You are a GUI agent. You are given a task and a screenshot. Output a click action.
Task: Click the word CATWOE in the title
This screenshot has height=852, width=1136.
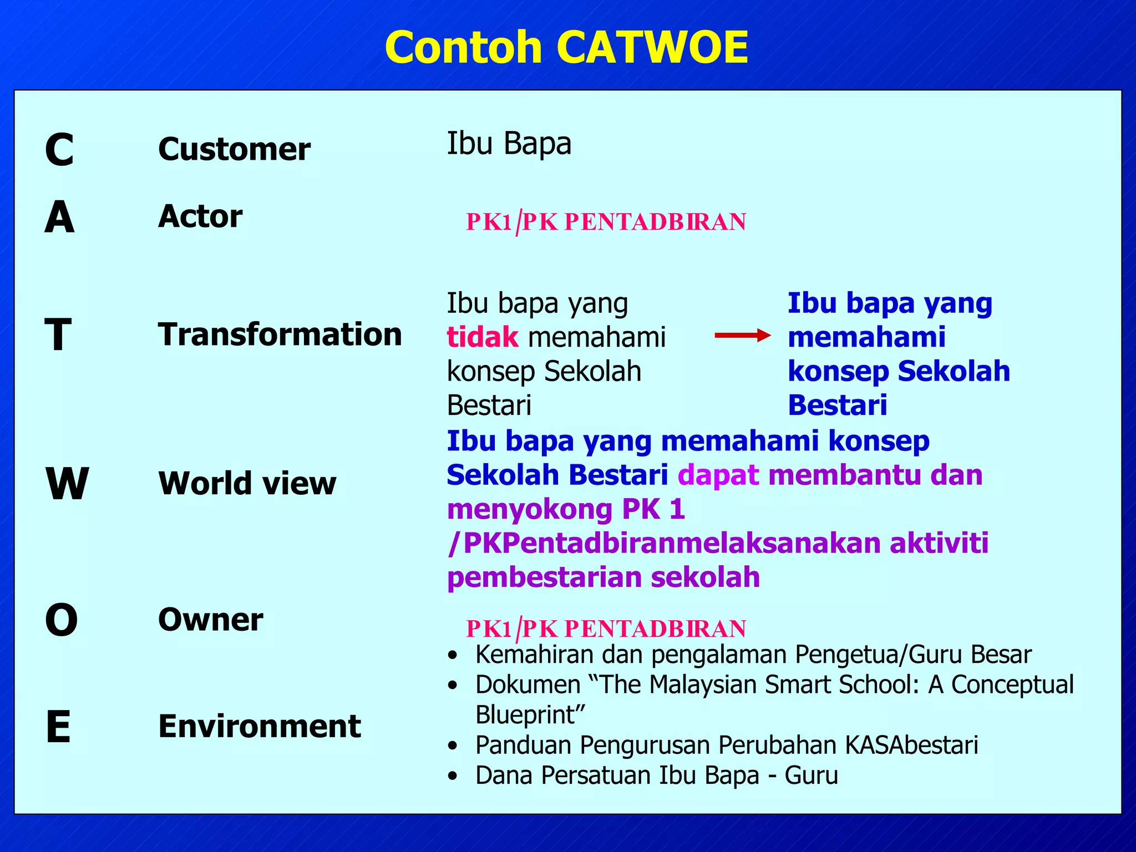click(652, 48)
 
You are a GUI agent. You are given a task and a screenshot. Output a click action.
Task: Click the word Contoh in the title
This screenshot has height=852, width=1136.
click(463, 48)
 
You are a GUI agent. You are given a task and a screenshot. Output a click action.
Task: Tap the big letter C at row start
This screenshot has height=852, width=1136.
click(59, 150)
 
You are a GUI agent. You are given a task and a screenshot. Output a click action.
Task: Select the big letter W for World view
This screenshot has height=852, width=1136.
click(67, 484)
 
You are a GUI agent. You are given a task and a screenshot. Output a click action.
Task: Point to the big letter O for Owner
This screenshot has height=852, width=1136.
click(61, 620)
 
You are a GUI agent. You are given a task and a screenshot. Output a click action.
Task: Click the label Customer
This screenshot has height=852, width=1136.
click(234, 150)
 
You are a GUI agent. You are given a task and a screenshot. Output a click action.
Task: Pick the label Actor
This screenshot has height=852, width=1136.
click(200, 216)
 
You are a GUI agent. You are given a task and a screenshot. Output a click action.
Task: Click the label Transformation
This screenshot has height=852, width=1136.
click(280, 334)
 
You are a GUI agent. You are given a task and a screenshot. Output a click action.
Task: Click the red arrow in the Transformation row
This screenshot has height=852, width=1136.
click(742, 335)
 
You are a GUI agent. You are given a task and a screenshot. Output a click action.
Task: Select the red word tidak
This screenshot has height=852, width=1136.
click(483, 337)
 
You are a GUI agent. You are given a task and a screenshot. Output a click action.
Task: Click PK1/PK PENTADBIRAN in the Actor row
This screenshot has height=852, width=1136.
click(606, 222)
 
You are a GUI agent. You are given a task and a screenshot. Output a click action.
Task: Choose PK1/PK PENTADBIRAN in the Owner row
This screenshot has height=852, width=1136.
click(606, 629)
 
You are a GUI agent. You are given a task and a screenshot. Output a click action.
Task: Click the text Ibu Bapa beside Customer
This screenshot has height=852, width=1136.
click(509, 144)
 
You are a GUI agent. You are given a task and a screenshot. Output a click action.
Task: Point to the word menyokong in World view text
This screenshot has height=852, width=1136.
click(530, 509)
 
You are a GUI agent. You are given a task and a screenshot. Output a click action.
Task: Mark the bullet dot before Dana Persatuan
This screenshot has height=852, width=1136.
click(453, 776)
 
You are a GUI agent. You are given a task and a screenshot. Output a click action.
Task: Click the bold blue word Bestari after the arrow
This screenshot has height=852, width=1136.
click(837, 405)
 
